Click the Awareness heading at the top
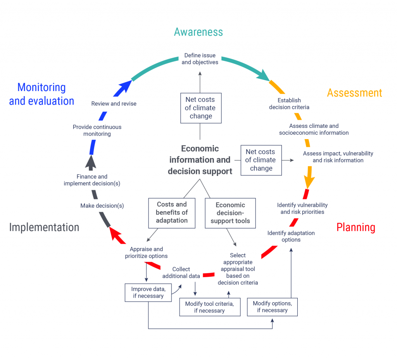pos(198,32)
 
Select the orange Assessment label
pos(354,93)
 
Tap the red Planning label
pos(356,227)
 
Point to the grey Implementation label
pos(44,227)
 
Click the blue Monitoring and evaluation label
pos(41,94)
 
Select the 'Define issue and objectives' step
pos(200,59)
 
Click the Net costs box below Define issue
pos(200,108)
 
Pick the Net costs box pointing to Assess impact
pos(261,160)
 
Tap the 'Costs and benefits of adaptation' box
pos(172,212)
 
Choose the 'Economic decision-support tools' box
pos(230,213)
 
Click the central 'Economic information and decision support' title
pos(200,160)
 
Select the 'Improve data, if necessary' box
pos(148,293)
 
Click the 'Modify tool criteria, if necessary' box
pos(209,307)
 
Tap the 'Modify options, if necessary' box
pos(272,307)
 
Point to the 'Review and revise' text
pos(114,103)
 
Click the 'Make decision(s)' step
pos(102,206)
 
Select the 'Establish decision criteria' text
pos(289,103)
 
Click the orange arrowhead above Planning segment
pos(309,181)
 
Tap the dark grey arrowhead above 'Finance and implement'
pos(91,162)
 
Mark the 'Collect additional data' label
pos(181,272)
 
